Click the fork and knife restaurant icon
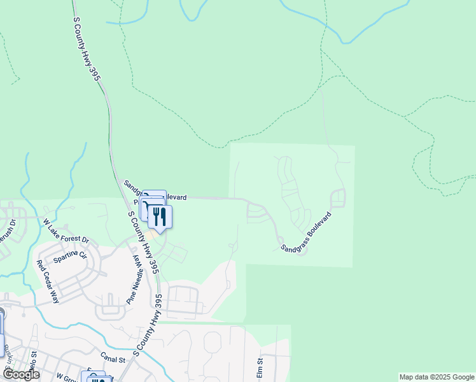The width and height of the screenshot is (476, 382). click(x=160, y=216)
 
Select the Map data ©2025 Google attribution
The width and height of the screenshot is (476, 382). click(x=437, y=377)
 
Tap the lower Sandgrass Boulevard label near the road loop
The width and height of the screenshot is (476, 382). click(x=306, y=232)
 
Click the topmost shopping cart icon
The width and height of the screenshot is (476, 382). click(x=153, y=196)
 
